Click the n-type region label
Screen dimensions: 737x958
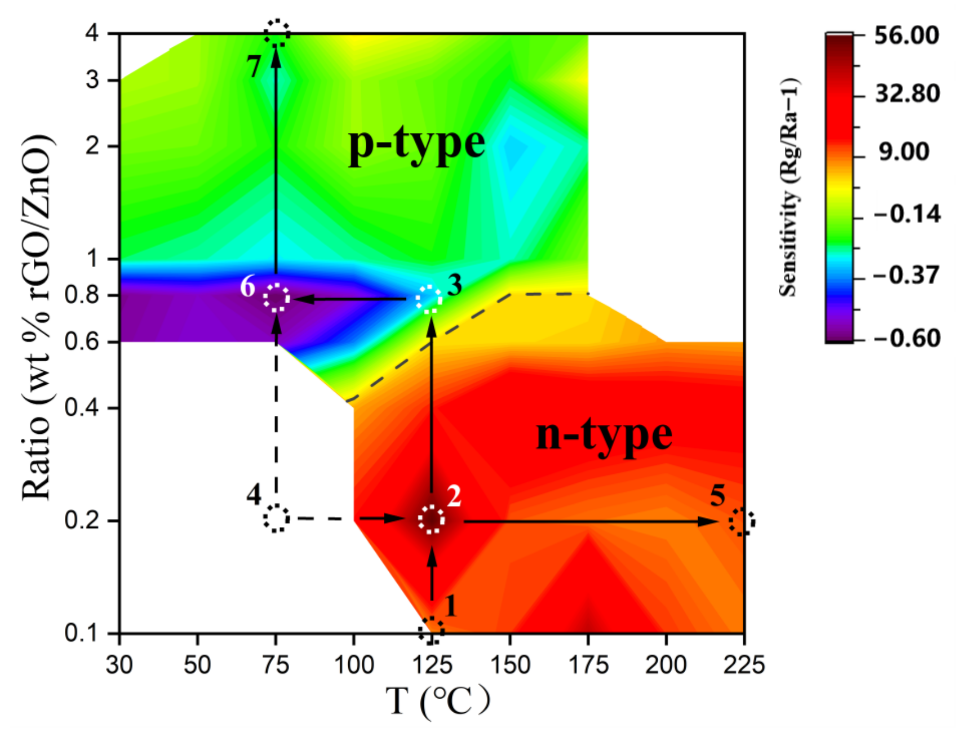[604, 436]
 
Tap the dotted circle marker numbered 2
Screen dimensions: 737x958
[432, 520]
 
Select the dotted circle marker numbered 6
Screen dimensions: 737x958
[276, 298]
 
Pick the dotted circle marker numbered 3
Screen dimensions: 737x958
[429, 299]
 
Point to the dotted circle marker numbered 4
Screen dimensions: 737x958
[276, 518]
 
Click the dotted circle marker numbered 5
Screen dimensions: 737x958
[742, 522]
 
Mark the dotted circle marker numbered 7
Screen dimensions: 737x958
[277, 33]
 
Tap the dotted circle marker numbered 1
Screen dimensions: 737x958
[431, 630]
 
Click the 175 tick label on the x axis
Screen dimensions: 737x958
[588, 665]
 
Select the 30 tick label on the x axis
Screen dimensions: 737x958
[119, 665]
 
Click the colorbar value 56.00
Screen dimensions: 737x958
[906, 35]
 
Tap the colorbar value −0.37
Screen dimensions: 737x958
[906, 276]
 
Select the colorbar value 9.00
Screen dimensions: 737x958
[904, 152]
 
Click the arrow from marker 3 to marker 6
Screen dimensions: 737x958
[349, 299]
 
